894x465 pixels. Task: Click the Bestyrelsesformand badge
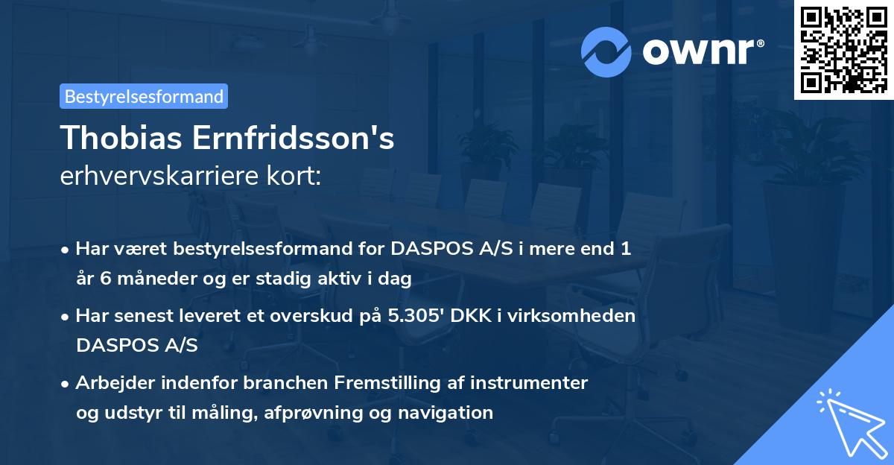point(144,96)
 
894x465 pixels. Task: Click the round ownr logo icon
point(606,51)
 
